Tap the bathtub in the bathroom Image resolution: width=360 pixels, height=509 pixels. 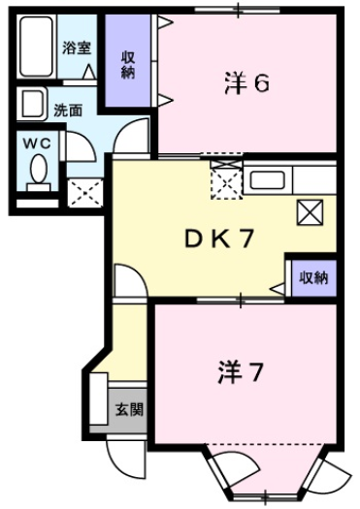point(37,48)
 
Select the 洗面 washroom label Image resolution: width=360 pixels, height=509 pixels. point(67,111)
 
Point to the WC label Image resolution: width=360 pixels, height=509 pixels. point(36,143)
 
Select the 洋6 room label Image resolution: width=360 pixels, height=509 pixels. point(246,84)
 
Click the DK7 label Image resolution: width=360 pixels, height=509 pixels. point(219,239)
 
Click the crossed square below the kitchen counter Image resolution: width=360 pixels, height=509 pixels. point(311,211)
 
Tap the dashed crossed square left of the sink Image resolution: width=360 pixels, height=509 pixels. point(225,179)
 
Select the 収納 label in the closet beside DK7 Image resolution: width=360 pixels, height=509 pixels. point(312,277)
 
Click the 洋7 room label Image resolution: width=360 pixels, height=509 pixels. point(243,371)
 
